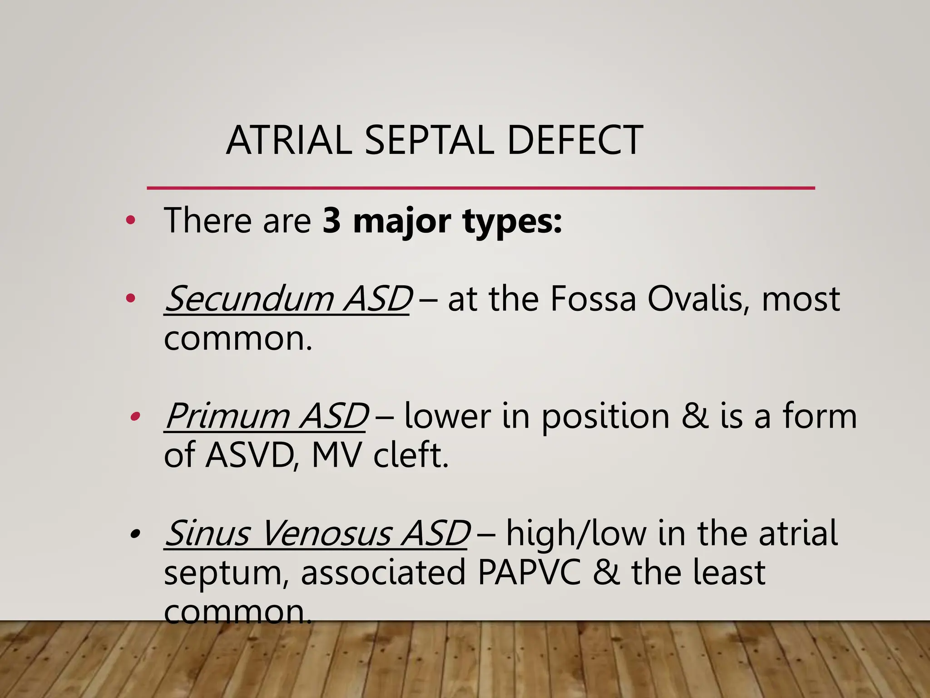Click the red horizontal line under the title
[480, 188]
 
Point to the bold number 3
[332, 221]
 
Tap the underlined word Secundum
[249, 299]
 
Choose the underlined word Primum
[228, 416]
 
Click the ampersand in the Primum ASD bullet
[694, 416]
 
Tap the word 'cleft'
[411, 455]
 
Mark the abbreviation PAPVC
[529, 573]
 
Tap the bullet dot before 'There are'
[131, 221]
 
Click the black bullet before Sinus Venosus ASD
[134, 533]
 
